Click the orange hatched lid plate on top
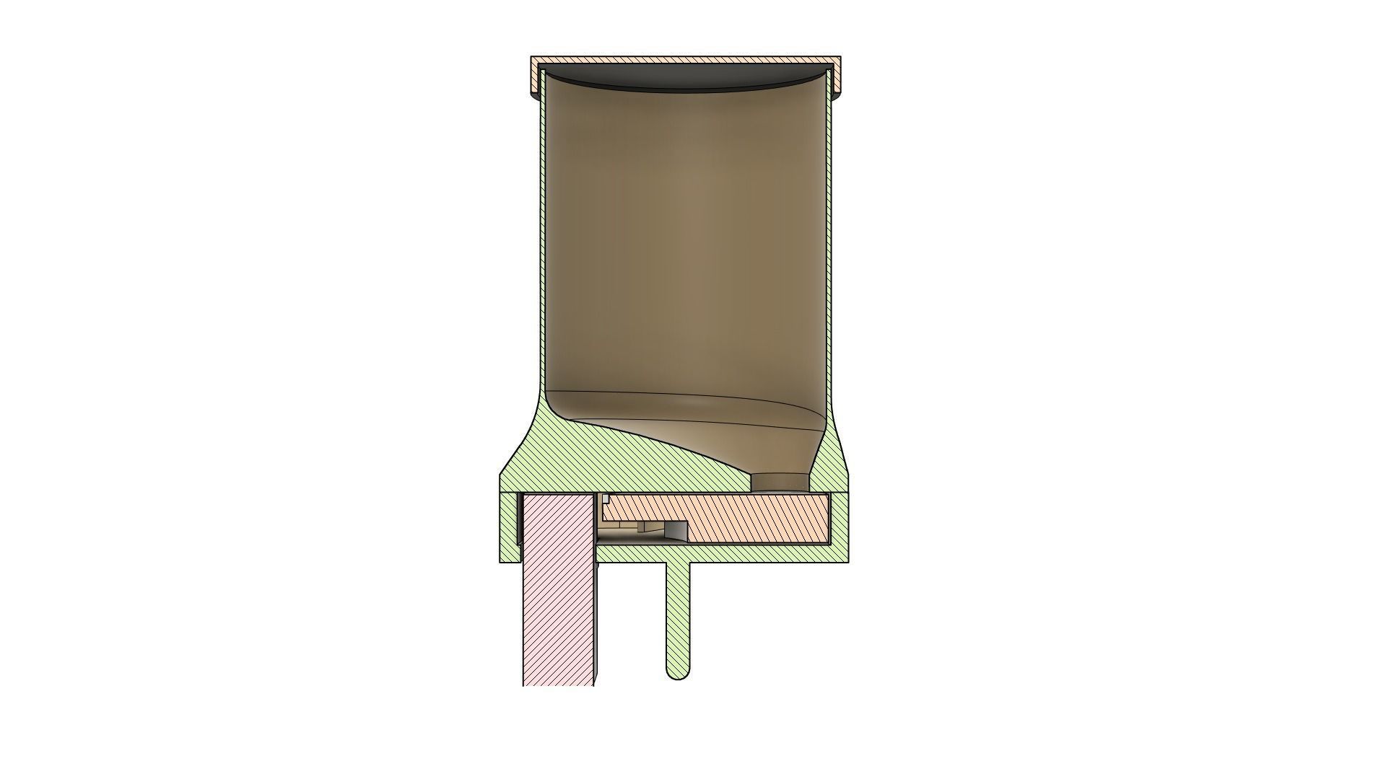point(686,61)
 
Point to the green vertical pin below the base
point(677,613)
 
